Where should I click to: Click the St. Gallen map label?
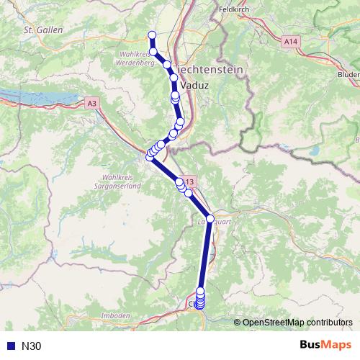[x=44, y=30]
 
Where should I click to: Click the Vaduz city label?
[x=195, y=85]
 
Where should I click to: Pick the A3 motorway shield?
[x=91, y=104]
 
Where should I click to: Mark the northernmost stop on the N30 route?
[x=152, y=35]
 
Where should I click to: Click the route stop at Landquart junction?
[x=210, y=218]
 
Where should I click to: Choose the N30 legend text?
[x=32, y=346]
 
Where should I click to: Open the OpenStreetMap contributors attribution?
[x=297, y=323]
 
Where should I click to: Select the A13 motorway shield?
[x=189, y=181]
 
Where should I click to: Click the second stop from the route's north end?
[x=153, y=51]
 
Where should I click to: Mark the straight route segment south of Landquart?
[x=205, y=256]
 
